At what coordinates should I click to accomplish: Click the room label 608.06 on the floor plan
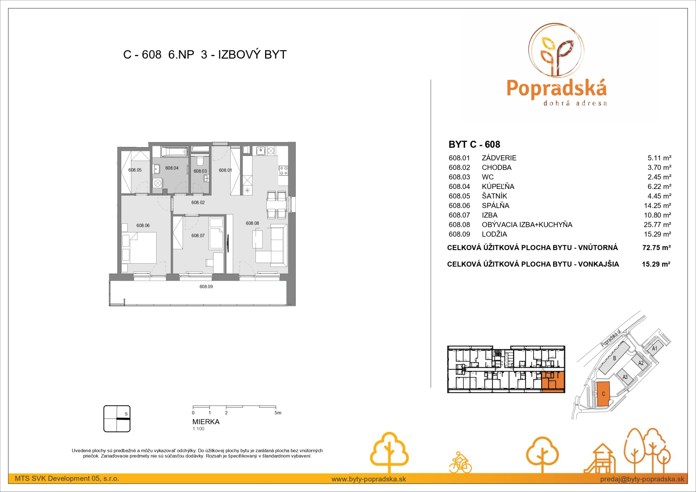[x=143, y=226]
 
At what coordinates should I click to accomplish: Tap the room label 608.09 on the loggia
[x=206, y=287]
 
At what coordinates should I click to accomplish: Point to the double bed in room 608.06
[x=139, y=248]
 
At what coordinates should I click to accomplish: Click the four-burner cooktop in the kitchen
[x=283, y=171]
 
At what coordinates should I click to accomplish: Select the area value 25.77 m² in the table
[x=657, y=224]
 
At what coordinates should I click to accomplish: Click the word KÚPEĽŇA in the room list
[x=498, y=186]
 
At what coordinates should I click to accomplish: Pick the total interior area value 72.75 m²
[x=656, y=247]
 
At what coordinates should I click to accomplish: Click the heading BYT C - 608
[x=474, y=144]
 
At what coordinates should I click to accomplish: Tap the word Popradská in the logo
[x=557, y=88]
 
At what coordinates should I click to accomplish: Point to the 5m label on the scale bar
[x=278, y=413]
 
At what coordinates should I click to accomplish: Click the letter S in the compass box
[x=126, y=414]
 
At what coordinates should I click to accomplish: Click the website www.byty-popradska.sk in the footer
[x=368, y=479]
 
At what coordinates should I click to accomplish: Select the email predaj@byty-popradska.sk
[x=642, y=479]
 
